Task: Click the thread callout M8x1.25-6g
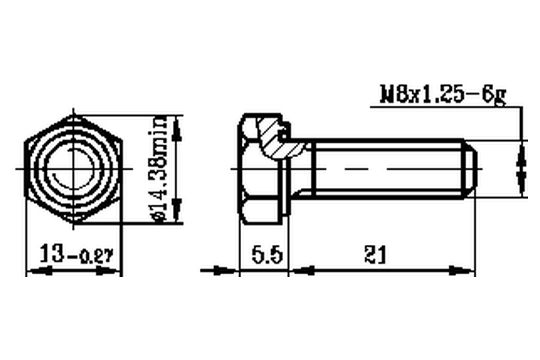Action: click(443, 94)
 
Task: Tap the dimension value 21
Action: click(376, 255)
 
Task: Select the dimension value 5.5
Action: click(267, 255)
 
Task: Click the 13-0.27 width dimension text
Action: click(76, 254)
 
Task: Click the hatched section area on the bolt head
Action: click(275, 138)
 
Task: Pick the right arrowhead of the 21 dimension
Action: click(462, 271)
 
